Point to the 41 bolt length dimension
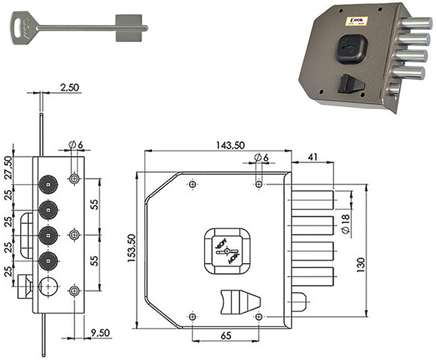(x=312, y=156)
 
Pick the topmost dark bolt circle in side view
(x=47, y=183)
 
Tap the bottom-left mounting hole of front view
(x=192, y=317)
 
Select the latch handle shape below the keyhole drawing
(x=239, y=301)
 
